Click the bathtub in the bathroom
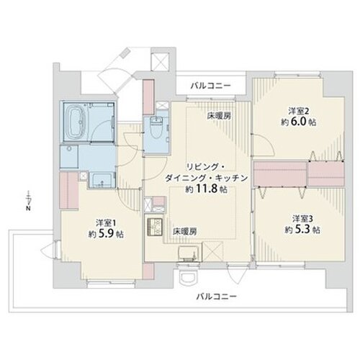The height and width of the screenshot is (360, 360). pyautogui.click(x=77, y=123)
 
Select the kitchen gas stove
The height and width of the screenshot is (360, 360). pyautogui.click(x=155, y=226)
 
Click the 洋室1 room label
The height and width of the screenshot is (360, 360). pyautogui.click(x=106, y=223)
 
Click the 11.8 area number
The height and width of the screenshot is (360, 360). pyautogui.click(x=207, y=189)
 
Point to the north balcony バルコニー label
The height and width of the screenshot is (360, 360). pyautogui.click(x=210, y=86)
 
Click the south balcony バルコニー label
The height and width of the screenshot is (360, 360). pyautogui.click(x=217, y=297)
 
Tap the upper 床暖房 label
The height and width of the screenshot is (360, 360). pyautogui.click(x=220, y=117)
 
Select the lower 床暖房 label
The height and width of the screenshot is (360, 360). pyautogui.click(x=185, y=232)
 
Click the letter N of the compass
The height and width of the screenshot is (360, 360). pyautogui.click(x=28, y=208)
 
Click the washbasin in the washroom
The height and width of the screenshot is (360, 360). pyautogui.click(x=102, y=179)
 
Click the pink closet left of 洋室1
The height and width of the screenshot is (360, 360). pyautogui.click(x=69, y=190)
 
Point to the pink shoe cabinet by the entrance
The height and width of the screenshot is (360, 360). pyautogui.click(x=148, y=97)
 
